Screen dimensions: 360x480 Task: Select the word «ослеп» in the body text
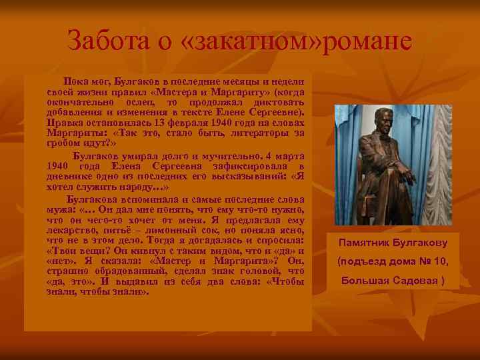pos(139,102)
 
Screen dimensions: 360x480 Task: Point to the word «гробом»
pos(63,143)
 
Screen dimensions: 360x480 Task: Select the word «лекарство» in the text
pos(71,229)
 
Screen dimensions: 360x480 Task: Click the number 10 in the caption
pos(441,261)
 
